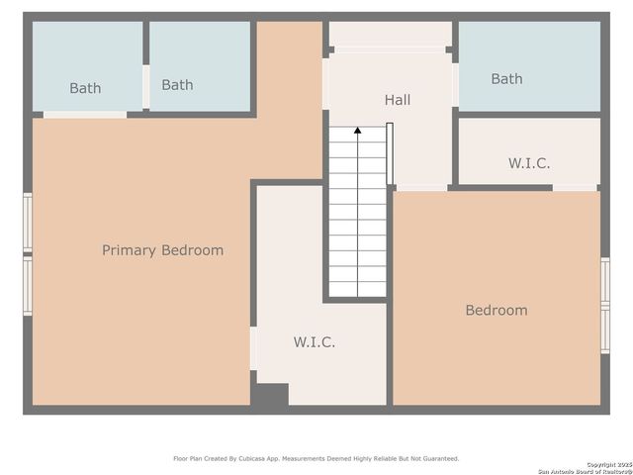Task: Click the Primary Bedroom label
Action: [x=162, y=250]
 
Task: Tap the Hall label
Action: [x=397, y=100]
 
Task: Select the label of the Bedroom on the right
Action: [x=496, y=311]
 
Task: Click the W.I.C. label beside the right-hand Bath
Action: [x=529, y=163]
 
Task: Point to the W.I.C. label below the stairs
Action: [x=314, y=342]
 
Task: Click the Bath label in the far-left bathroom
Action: [x=85, y=88]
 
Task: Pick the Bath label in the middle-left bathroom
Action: [x=177, y=85]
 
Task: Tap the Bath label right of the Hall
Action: [x=506, y=79]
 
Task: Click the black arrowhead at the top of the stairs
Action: [x=357, y=130]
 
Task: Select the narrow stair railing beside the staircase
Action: [x=390, y=153]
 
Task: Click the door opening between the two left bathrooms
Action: [x=145, y=87]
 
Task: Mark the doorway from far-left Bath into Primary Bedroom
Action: [x=85, y=115]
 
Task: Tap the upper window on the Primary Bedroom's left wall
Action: [x=28, y=224]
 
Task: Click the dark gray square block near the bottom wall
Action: [x=269, y=394]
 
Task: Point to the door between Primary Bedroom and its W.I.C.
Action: [x=254, y=348]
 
